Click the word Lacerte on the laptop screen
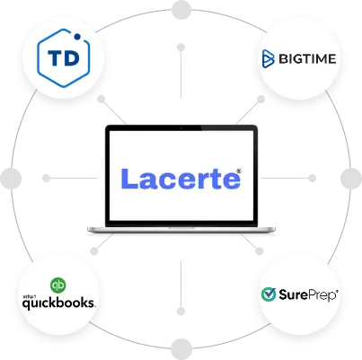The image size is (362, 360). (x=180, y=177)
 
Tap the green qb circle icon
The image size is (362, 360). (x=59, y=287)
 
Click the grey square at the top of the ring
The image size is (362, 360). (x=182, y=10)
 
